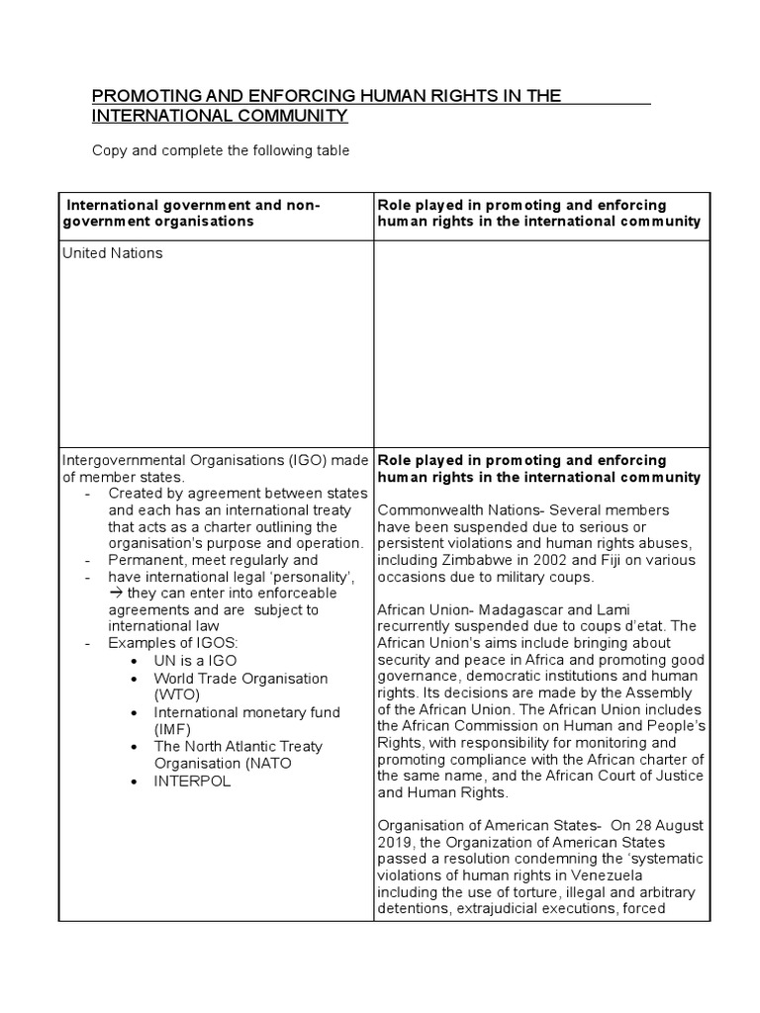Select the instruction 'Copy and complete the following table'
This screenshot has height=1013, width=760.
pyautogui.click(x=221, y=151)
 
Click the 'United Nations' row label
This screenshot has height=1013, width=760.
pyautogui.click(x=112, y=253)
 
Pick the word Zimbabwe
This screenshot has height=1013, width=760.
pyautogui.click(x=466, y=560)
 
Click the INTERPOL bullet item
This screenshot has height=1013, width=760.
pyautogui.click(x=192, y=781)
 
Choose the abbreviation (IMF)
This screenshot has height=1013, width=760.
pyautogui.click(x=173, y=729)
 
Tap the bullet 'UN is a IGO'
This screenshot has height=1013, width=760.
pyautogui.click(x=195, y=660)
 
